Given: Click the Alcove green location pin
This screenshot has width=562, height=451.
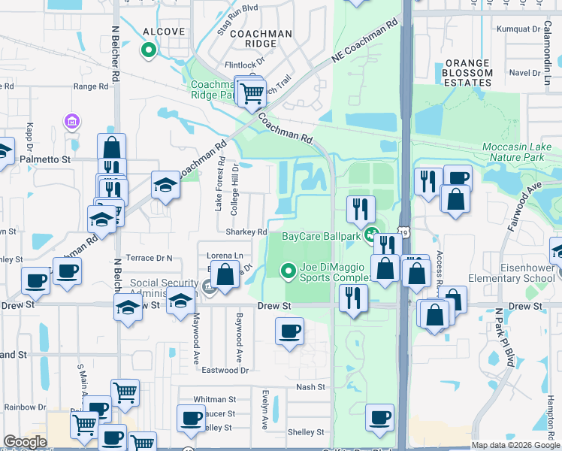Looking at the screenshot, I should click(x=149, y=51).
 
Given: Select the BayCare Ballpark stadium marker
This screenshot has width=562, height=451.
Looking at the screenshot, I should click(x=371, y=236).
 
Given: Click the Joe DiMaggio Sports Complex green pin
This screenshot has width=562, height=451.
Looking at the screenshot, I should click(x=287, y=271).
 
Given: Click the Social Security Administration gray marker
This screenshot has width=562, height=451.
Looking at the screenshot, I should click(x=208, y=286).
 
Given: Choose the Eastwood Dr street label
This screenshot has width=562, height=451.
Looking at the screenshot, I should click(x=225, y=370).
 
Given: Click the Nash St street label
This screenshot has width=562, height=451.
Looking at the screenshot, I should click(x=310, y=387).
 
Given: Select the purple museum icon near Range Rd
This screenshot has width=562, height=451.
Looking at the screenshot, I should click(x=73, y=121).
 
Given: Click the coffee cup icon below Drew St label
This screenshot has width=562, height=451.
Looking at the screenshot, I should click(x=290, y=331).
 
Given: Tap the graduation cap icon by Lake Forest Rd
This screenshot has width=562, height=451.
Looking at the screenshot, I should click(x=165, y=184).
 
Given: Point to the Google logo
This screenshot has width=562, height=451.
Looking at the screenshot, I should click(x=26, y=442).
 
